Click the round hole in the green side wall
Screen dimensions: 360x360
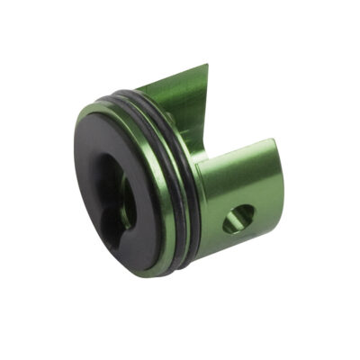239,219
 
